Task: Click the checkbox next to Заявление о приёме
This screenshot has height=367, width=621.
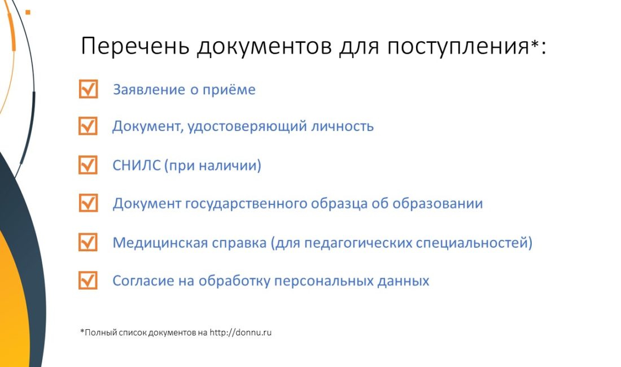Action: (x=88, y=89)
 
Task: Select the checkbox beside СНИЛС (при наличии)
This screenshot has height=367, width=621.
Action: (x=88, y=165)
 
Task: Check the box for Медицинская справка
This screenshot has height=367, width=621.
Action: (x=88, y=242)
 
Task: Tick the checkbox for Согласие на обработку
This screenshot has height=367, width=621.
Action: (x=88, y=280)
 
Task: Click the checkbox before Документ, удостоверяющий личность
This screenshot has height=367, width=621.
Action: (x=88, y=126)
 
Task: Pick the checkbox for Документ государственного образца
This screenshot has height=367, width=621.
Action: (x=88, y=203)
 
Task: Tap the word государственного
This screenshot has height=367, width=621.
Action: (x=246, y=204)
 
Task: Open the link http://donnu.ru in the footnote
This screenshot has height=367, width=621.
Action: (x=241, y=333)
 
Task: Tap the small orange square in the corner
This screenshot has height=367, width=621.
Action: (x=28, y=12)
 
